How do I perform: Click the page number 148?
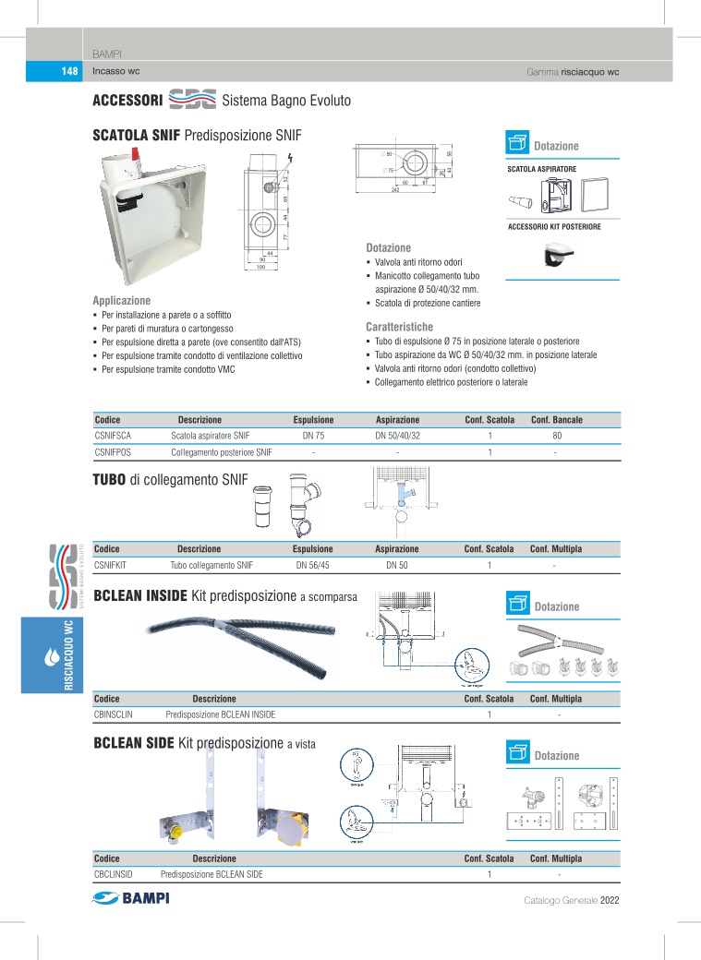[69, 72]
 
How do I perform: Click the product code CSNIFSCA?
[114, 435]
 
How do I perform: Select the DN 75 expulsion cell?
[313, 435]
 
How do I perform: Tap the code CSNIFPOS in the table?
[114, 452]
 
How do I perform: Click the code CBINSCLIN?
[115, 714]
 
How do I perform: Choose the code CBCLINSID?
[115, 874]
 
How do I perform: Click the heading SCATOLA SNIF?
[136, 136]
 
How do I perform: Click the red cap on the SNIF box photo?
[136, 155]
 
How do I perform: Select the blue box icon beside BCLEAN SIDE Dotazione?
[517, 752]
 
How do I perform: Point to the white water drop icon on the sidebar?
[51, 659]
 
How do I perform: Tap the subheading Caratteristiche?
[399, 327]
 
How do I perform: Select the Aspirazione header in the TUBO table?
[397, 548]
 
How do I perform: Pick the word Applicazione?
[121, 301]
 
